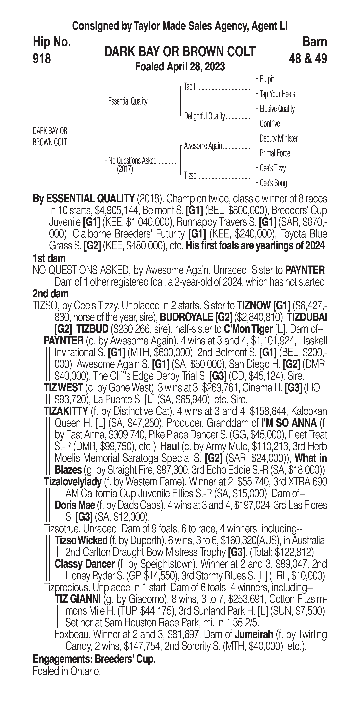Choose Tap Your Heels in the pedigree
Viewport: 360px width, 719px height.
click(277, 94)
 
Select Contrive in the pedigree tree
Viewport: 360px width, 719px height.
click(270, 124)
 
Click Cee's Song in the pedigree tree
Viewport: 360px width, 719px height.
click(273, 183)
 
